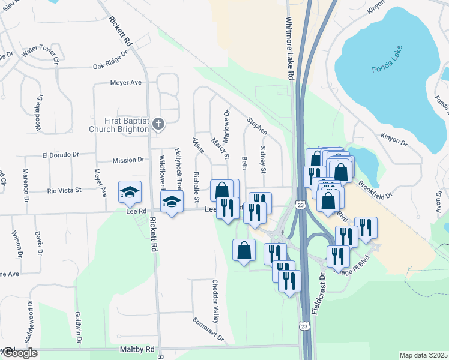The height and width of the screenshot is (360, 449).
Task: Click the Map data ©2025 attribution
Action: (423, 355)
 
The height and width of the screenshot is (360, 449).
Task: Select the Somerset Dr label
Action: (208, 327)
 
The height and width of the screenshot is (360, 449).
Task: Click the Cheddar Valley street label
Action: (215, 299)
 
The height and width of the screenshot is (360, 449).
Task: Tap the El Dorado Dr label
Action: (61, 154)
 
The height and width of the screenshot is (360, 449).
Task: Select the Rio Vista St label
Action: (64, 191)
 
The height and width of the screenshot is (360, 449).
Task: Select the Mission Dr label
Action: (128, 160)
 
